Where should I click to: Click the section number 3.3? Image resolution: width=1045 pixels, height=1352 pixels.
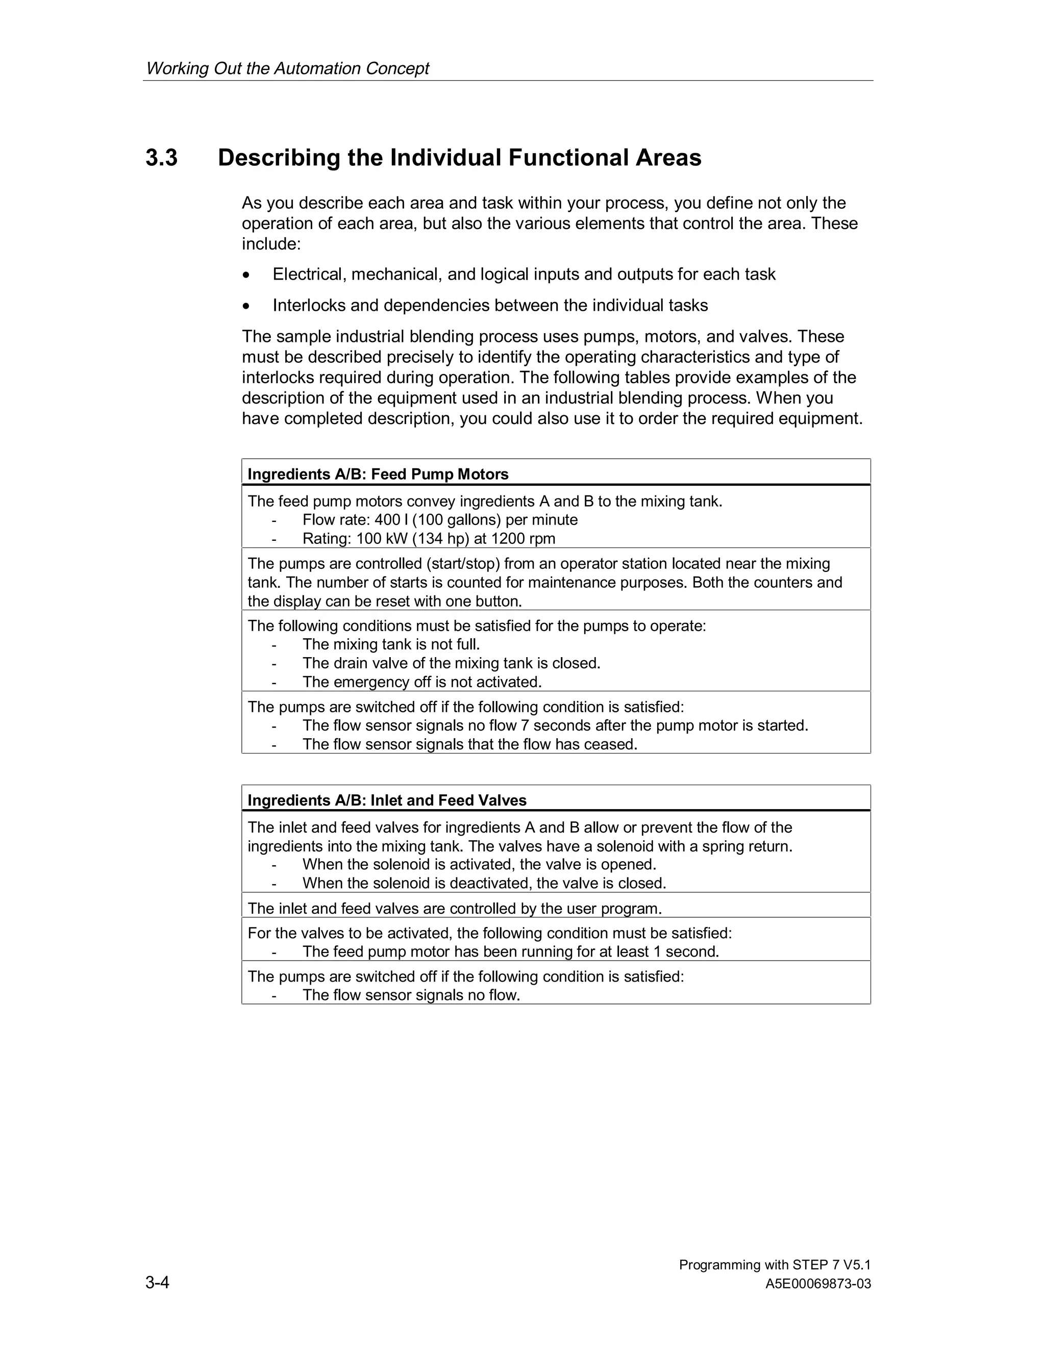pyautogui.click(x=162, y=158)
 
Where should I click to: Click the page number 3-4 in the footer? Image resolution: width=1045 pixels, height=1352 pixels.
pyautogui.click(x=157, y=1282)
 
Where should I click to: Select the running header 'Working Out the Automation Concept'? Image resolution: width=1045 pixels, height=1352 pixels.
pyautogui.click(x=287, y=68)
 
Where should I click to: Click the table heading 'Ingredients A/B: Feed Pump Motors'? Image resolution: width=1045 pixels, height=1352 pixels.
pyautogui.click(x=378, y=474)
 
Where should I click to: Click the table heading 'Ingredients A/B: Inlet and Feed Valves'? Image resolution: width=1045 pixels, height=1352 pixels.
pyautogui.click(x=387, y=800)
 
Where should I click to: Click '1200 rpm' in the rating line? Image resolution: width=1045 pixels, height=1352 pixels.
pyautogui.click(x=523, y=539)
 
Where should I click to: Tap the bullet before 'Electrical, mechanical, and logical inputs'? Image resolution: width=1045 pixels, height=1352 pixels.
pyautogui.click(x=247, y=275)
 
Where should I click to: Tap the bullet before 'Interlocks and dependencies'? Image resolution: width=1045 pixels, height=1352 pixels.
pyautogui.click(x=247, y=306)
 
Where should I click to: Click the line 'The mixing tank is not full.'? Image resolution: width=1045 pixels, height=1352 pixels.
pyautogui.click(x=391, y=644)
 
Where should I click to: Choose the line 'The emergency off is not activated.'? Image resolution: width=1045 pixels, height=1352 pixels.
pyautogui.click(x=422, y=682)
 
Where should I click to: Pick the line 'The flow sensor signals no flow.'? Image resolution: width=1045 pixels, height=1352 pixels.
pyautogui.click(x=411, y=995)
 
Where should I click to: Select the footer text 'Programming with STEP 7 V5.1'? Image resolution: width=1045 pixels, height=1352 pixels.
pyautogui.click(x=775, y=1265)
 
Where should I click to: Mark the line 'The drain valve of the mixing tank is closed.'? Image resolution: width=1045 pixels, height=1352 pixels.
pyautogui.click(x=451, y=664)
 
